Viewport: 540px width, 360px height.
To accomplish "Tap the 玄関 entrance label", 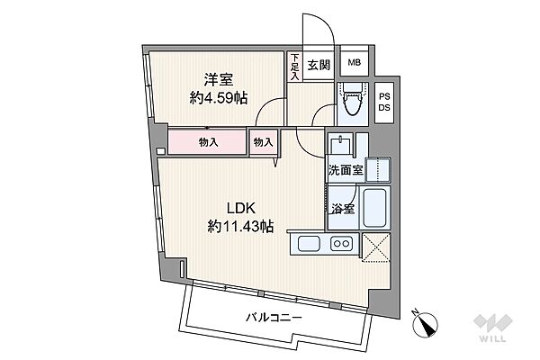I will pos(319,65).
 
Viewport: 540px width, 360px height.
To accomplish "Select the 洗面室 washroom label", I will pos(344,169).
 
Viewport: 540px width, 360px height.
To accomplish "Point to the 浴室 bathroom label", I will pos(342,209).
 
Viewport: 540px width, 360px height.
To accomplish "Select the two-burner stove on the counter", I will pos(341,242).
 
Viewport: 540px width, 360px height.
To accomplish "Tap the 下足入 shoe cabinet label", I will pos(294,65).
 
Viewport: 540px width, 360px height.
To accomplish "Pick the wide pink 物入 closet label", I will pos(209,142).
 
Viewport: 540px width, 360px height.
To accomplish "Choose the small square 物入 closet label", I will pos(263,142).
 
